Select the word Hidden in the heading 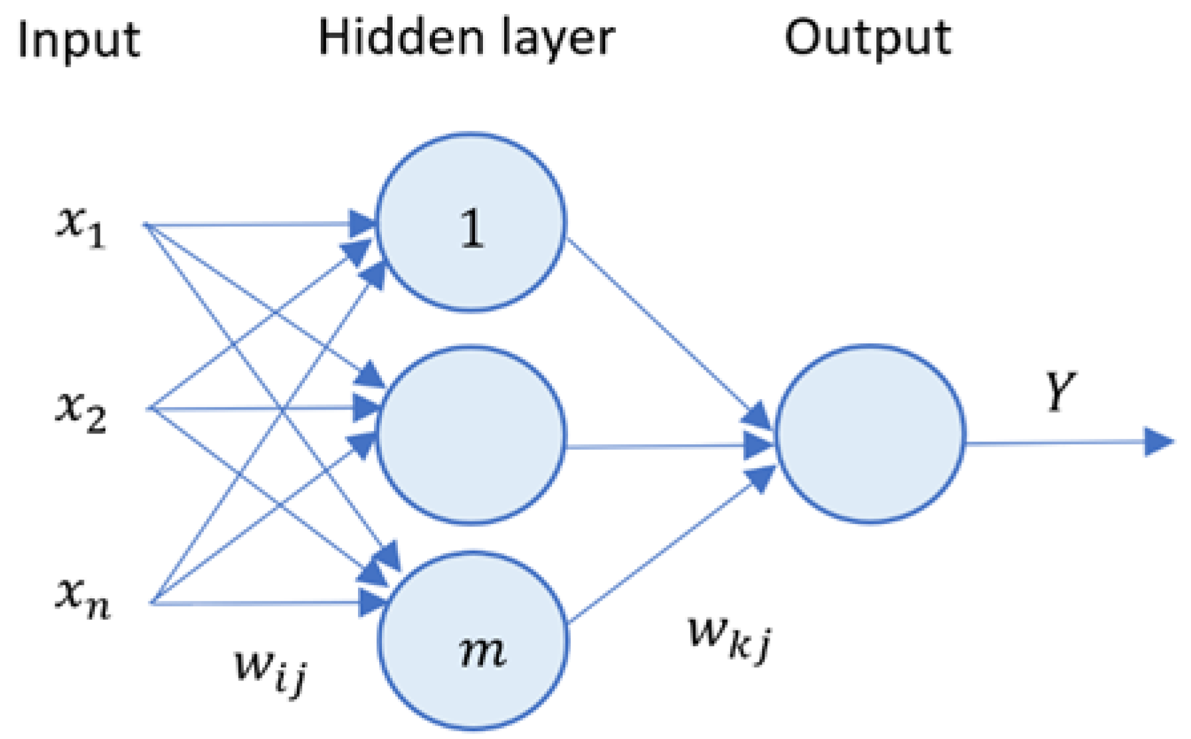pyautogui.click(x=401, y=37)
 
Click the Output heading pyautogui.click(x=868, y=39)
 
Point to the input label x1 pyautogui.click(x=80, y=226)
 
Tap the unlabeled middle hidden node pyautogui.click(x=471, y=435)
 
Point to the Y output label pyautogui.click(x=1060, y=392)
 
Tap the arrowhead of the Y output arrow pyautogui.click(x=1158, y=442)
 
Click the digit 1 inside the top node pyautogui.click(x=472, y=229)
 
